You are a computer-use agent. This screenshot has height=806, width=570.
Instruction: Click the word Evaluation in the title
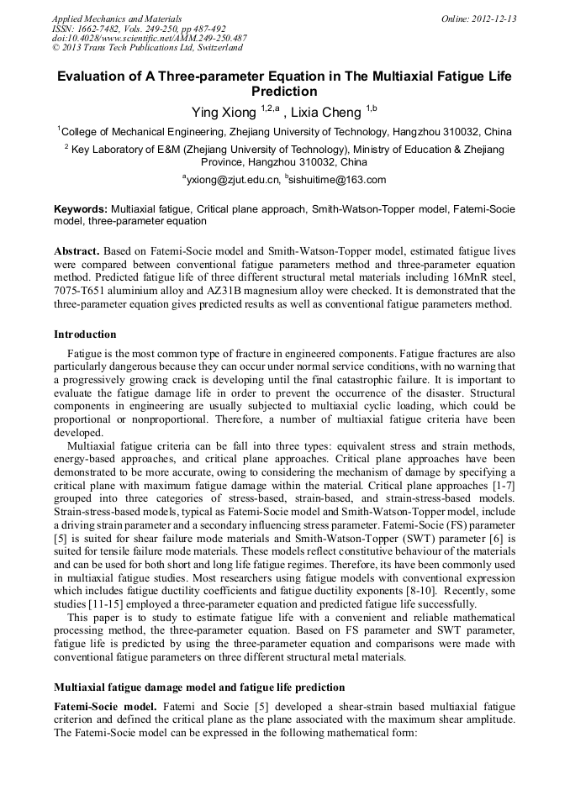click(x=93, y=76)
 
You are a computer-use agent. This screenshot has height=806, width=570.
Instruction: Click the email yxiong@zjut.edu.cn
click(x=234, y=180)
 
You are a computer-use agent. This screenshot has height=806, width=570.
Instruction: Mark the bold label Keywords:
click(x=81, y=208)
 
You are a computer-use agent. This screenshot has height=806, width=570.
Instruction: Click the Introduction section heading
click(x=85, y=334)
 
